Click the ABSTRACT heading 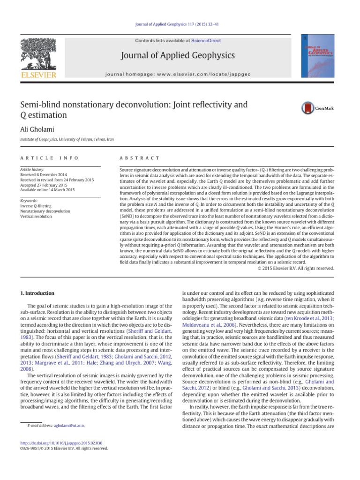pos(140,158)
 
